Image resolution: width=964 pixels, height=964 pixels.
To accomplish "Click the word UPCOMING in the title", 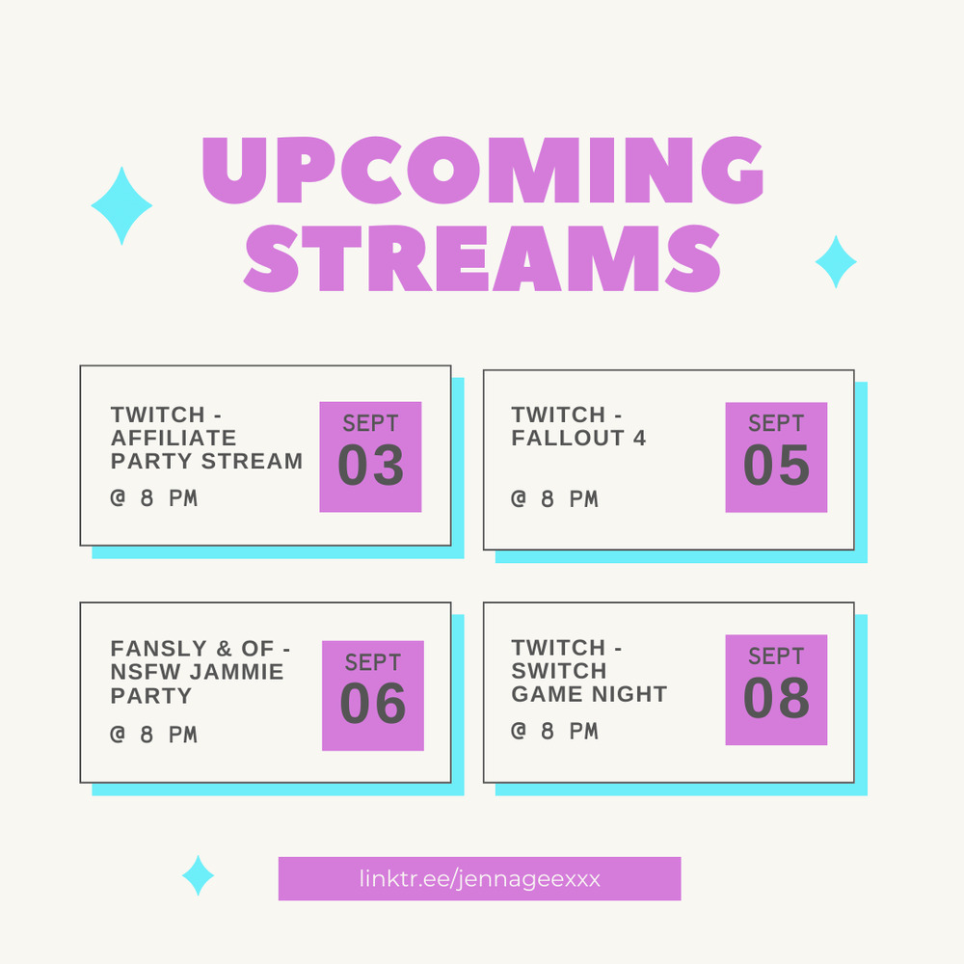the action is (483, 170).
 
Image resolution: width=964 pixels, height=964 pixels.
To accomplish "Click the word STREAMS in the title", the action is (482, 258).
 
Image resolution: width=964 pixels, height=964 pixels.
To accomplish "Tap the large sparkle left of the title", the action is (121, 206).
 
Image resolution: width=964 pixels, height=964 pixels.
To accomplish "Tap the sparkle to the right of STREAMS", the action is (836, 262).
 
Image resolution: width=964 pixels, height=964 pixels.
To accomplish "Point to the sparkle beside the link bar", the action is (198, 875).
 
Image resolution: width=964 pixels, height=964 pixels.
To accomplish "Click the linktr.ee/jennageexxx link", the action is (479, 878).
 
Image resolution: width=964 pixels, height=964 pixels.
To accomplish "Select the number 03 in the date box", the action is (371, 466).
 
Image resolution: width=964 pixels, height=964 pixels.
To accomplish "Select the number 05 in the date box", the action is (776, 466).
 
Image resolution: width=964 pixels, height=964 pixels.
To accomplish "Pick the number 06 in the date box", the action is (372, 704).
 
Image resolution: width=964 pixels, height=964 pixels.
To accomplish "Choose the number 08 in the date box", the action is (776, 698).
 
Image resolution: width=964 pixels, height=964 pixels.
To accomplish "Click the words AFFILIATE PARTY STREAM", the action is (206, 449).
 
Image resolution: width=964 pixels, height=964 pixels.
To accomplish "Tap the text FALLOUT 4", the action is (578, 438).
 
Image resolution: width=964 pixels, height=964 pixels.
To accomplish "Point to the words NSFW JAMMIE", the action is (197, 671).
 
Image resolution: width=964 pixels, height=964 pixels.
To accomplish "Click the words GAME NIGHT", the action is (589, 694).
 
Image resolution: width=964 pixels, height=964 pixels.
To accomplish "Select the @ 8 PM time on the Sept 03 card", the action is (153, 498).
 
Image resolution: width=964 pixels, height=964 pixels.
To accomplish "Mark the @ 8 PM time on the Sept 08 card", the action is (554, 731).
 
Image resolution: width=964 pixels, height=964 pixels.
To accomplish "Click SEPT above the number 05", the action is (776, 423).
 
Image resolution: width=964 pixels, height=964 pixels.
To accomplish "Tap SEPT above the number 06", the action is (372, 663).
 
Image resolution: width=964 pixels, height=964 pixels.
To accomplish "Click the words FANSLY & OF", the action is (192, 649).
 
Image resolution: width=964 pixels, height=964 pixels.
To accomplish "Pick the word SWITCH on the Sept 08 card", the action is (559, 671).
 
